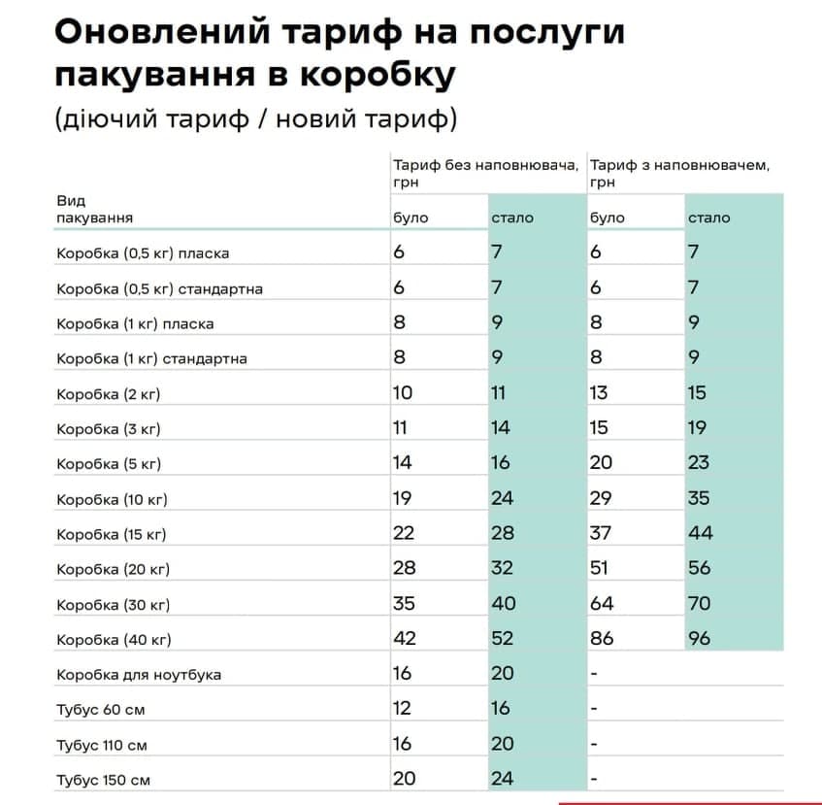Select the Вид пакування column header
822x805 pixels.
tap(94, 209)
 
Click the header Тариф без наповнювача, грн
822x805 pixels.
tap(485, 173)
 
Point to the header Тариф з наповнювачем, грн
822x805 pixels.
tap(679, 173)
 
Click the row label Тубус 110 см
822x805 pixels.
tap(102, 745)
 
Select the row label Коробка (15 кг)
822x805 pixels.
tap(113, 534)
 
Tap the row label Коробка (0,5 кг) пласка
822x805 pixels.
tap(143, 253)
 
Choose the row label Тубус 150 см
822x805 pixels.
tap(103, 780)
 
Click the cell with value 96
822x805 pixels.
tap(699, 638)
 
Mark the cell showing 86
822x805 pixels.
tap(602, 638)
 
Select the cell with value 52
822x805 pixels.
tap(504, 638)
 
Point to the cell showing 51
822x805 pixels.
tap(601, 567)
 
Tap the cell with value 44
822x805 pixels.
tap(700, 532)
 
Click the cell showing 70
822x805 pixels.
tap(699, 603)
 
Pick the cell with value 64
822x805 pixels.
tap(602, 603)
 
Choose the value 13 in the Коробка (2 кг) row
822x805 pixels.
tap(599, 392)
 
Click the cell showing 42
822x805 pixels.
tap(404, 638)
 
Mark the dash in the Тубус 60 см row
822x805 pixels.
tap(593, 709)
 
